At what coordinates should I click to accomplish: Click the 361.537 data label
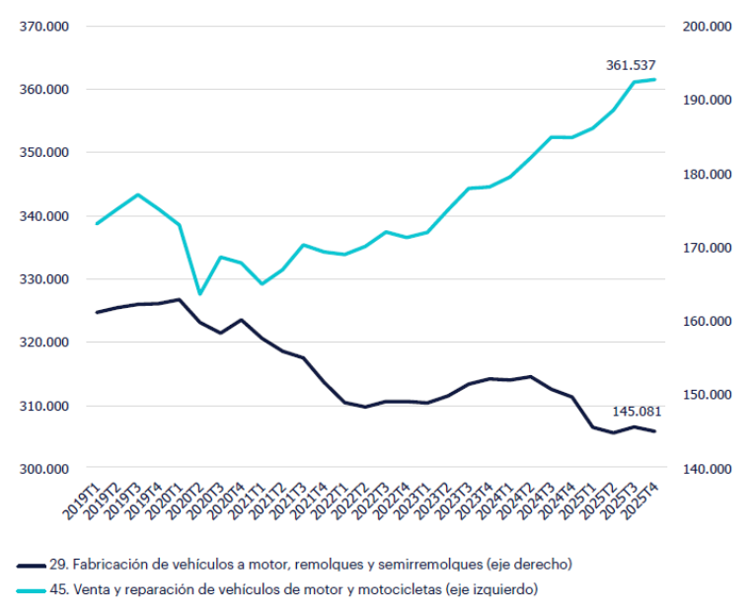[x=631, y=65]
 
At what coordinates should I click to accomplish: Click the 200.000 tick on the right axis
[x=707, y=27]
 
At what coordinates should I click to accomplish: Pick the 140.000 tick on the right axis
[x=707, y=469]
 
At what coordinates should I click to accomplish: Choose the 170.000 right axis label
[x=707, y=248]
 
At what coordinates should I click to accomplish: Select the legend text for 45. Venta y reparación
[x=293, y=589]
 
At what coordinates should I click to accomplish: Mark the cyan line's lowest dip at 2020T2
[x=200, y=293]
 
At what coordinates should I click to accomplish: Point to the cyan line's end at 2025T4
[x=654, y=79]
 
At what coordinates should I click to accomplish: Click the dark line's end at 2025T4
[x=654, y=431]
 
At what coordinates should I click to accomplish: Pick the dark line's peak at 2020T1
[x=179, y=299]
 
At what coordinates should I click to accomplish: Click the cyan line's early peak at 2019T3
[x=138, y=194]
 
